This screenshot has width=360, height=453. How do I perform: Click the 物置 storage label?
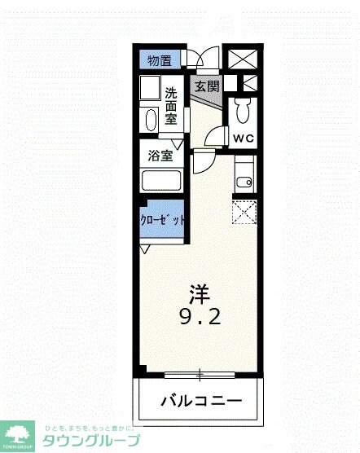[160, 60]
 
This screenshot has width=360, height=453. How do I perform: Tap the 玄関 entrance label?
[207, 85]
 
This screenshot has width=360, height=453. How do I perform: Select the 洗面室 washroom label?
[172, 106]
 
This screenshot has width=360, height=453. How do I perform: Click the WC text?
[244, 138]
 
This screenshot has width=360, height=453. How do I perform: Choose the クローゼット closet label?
[162, 220]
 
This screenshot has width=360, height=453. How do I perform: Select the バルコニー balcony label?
[200, 401]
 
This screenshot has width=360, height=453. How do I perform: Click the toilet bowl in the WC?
[243, 111]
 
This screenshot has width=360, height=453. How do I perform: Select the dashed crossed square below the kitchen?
[244, 213]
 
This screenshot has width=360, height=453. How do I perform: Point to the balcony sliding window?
[200, 374]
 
